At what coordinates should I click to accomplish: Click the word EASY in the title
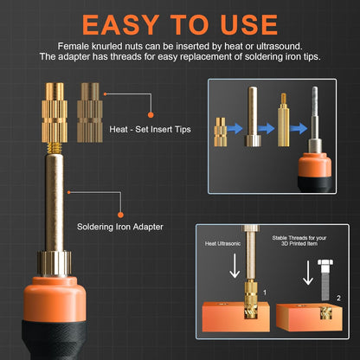[x=120, y=25]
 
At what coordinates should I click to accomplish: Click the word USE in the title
[x=249, y=25]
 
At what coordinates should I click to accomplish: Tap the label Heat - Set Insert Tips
[x=150, y=129]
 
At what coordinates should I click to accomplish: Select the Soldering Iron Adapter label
[x=120, y=227]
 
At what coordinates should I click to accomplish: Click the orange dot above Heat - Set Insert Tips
[x=151, y=115]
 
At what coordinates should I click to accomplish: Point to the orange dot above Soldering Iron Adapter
[x=120, y=215]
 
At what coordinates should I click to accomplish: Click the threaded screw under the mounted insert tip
[x=55, y=148]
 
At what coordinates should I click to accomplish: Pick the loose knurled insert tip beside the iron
[x=90, y=112]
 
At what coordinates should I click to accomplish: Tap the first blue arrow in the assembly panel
[x=235, y=129]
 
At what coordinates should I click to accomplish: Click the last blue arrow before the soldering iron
[x=299, y=129]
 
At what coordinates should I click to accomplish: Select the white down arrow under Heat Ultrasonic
[x=235, y=266]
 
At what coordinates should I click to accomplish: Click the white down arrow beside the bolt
[x=308, y=273]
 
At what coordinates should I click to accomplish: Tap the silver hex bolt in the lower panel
[x=325, y=280]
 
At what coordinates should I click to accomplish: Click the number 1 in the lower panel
[x=265, y=292]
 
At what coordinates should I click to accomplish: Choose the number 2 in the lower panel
[x=338, y=299]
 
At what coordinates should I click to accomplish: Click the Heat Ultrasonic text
[x=222, y=244]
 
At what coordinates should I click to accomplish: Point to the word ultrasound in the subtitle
[x=279, y=46]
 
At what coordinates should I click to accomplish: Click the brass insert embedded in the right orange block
[x=326, y=313]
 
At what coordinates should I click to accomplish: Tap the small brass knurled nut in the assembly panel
[x=221, y=132]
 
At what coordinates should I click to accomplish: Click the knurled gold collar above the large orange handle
[x=54, y=263]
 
